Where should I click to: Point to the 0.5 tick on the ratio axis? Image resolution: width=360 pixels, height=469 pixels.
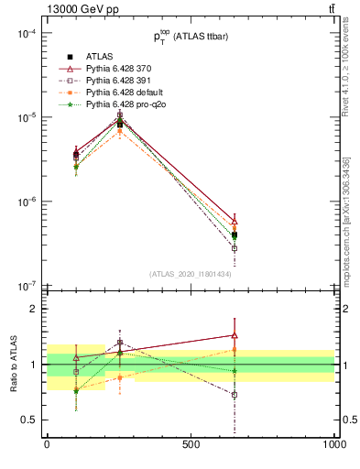(29, 420)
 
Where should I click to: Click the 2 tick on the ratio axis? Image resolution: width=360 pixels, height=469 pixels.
(35, 309)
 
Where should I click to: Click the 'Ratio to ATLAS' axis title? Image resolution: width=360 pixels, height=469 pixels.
(12, 365)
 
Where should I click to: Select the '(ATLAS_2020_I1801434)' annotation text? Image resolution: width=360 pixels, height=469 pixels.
(190, 274)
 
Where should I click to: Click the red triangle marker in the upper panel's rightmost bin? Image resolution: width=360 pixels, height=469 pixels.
(235, 222)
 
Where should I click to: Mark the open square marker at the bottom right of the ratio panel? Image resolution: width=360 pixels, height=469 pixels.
(235, 395)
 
